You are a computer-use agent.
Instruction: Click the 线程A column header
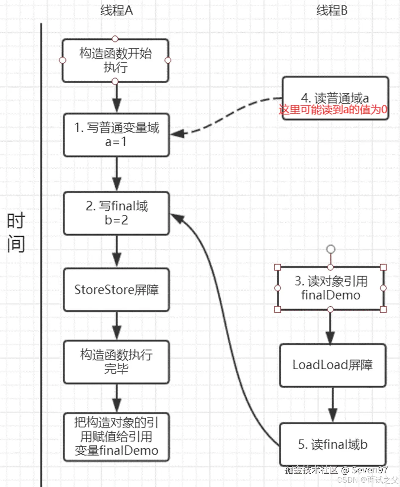click(116, 11)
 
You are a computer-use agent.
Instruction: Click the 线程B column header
click(332, 11)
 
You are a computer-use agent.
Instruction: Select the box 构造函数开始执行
click(115, 60)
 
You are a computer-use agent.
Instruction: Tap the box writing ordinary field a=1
click(116, 135)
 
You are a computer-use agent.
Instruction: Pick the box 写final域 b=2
click(116, 213)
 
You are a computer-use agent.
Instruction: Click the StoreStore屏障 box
click(116, 290)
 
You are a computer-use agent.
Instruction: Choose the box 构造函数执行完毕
click(116, 361)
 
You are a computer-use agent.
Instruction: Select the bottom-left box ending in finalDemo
click(116, 437)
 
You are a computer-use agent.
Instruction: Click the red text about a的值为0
click(333, 109)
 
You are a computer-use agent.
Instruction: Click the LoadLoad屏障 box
click(332, 365)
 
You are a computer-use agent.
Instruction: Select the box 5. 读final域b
click(332, 444)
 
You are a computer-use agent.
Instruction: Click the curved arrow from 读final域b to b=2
click(228, 326)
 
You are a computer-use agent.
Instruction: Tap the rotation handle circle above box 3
click(331, 249)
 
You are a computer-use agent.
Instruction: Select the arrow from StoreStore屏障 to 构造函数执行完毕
click(116, 325)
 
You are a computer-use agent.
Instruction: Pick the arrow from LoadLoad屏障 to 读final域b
click(333, 404)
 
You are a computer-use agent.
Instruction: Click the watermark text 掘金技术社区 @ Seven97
click(336, 470)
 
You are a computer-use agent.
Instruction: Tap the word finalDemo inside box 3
click(331, 295)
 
